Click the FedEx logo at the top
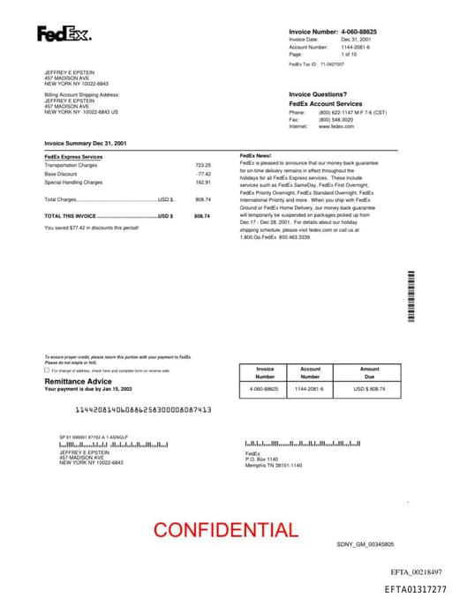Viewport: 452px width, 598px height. point(64,34)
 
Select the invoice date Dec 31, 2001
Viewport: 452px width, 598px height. point(358,40)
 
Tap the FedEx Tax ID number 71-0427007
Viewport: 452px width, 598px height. point(333,64)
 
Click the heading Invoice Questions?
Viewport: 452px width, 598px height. point(318,94)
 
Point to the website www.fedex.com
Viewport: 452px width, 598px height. point(336,126)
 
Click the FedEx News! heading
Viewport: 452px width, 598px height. point(255,155)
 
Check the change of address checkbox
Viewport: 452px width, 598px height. point(47,370)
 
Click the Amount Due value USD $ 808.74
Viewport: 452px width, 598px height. point(370,388)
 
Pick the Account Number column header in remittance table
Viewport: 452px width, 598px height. point(310,372)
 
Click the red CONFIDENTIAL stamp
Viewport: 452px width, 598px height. point(225,530)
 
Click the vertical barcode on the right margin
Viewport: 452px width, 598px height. point(411,295)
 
